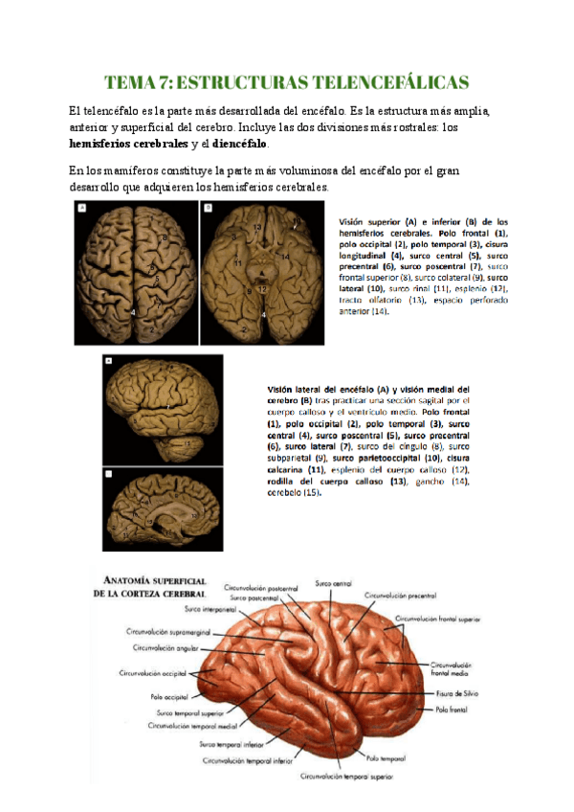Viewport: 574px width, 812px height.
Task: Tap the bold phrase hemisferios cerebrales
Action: pos(130,144)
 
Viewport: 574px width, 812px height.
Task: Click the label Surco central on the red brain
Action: pos(334,582)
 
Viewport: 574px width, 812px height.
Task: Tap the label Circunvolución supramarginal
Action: pos(168,631)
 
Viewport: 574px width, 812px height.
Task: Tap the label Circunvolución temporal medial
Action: pos(192,727)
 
